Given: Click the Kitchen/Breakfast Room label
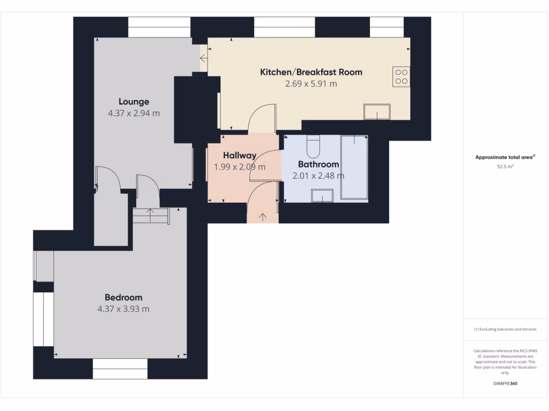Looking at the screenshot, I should tap(311, 72).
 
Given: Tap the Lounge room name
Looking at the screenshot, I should tap(134, 102).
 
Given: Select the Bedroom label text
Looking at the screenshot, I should tap(123, 298).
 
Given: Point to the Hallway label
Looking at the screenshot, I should tap(240, 156).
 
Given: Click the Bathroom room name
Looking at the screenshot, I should tap(318, 164).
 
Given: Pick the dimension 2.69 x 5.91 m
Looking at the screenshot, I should tap(311, 84).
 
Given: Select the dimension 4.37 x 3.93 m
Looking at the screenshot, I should tap(123, 309).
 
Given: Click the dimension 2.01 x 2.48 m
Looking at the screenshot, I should tap(318, 176).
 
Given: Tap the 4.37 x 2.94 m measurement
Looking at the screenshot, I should tap(134, 113).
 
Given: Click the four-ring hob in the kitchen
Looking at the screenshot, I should tap(401, 76).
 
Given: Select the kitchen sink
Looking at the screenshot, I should tap(377, 112).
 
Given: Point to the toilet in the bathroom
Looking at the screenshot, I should tap(313, 145).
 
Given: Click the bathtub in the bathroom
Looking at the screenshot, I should tap(354, 167).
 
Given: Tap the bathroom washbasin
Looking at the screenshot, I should tap(322, 196).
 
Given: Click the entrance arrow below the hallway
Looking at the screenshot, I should tap(263, 217).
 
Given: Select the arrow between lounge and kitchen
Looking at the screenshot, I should tap(204, 58).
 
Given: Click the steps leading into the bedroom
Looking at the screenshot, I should tap(151, 216).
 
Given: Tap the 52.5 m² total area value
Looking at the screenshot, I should tap(505, 167).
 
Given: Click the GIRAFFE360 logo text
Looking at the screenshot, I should tap(505, 384).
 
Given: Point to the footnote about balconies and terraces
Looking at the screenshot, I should tap(505, 329).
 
